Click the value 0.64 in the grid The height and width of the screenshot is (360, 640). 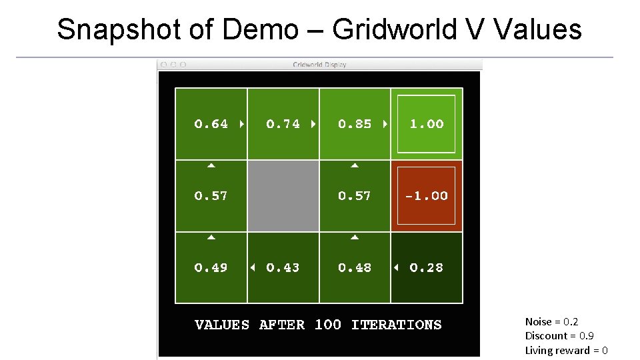pos(211,124)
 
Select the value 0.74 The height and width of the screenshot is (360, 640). pos(283,124)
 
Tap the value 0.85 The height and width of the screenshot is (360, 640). pos(355,124)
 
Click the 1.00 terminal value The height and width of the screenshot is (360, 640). pos(427,124)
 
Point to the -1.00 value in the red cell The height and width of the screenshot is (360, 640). pos(427,196)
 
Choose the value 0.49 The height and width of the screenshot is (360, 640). pos(211,268)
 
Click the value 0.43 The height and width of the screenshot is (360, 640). pos(283,268)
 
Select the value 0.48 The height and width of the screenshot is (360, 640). pos(355,268)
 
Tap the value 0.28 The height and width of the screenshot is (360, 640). pos(427,268)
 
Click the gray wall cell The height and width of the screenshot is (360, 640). pos(283,196)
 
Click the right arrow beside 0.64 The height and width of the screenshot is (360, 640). pos(241,124)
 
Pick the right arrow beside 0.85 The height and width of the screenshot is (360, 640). pos(385,124)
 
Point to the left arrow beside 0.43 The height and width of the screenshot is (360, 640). pos(253,268)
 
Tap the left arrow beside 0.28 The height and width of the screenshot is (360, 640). pos(396,268)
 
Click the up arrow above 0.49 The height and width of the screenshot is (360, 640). pos(211,237)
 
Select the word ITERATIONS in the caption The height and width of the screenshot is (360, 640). pos(396,325)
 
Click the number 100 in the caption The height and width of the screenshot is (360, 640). pos(327,325)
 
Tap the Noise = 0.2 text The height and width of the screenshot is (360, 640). pos(551,322)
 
